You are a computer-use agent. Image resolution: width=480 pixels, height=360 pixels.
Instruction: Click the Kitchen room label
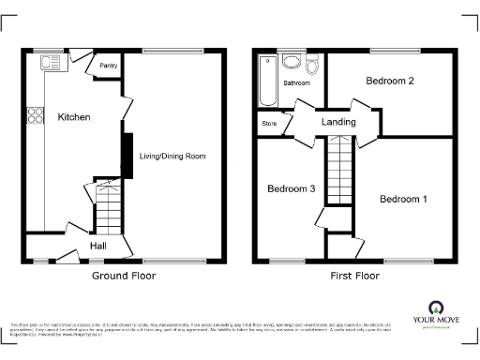click(74, 117)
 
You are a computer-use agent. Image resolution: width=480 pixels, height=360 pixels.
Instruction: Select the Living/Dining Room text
click(172, 156)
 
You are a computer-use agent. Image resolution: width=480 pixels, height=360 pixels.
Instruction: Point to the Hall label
click(97, 246)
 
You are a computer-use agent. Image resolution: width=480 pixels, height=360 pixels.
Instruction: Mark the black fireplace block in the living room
click(124, 156)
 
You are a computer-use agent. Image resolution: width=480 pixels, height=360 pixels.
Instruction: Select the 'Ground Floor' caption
click(123, 277)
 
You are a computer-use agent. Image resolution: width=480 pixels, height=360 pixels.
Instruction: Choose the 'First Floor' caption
click(354, 277)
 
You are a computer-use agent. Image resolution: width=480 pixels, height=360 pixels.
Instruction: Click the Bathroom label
click(297, 83)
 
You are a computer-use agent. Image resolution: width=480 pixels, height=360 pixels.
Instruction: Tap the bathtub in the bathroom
click(269, 82)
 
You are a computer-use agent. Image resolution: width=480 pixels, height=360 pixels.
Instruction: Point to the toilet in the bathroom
click(312, 63)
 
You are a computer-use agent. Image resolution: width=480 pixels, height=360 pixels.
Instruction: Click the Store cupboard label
click(270, 123)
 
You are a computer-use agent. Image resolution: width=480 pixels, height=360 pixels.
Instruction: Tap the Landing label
click(338, 123)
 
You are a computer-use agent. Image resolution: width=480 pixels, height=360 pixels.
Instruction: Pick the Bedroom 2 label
click(390, 82)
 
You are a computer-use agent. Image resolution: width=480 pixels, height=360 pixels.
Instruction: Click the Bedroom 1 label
click(403, 199)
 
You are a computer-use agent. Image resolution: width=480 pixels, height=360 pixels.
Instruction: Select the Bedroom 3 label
click(291, 189)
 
